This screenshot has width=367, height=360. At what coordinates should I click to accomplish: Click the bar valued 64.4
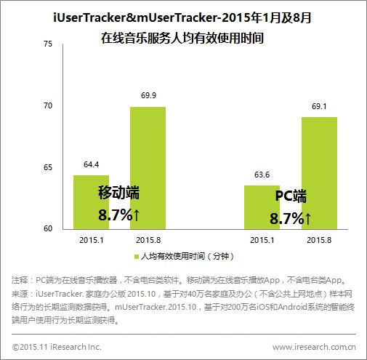pyautogui.click(x=91, y=202)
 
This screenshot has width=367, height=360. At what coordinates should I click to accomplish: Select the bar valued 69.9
pyautogui.click(x=148, y=168)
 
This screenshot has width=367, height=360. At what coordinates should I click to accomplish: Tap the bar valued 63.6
pyautogui.click(x=262, y=207)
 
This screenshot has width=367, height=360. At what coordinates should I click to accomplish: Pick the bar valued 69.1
pyautogui.click(x=319, y=172)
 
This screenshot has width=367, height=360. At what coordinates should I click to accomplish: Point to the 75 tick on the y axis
pyautogui.click(x=49, y=45)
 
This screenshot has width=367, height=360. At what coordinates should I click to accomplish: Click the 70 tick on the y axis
pyautogui.click(x=49, y=106)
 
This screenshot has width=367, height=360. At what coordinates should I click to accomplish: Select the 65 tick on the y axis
pyautogui.click(x=49, y=168)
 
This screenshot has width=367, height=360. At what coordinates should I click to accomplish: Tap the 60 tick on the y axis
pyautogui.click(x=49, y=229)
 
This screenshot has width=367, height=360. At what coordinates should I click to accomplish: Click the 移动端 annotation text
pyautogui.click(x=118, y=193)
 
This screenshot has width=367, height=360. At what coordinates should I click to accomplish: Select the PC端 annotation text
pyautogui.click(x=290, y=196)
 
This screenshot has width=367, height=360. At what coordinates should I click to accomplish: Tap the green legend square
pyautogui.click(x=136, y=257)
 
